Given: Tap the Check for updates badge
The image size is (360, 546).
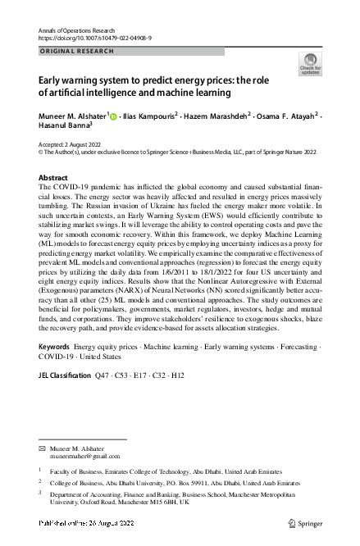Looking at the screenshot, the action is (310, 64).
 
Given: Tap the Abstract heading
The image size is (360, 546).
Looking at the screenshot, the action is (53, 178).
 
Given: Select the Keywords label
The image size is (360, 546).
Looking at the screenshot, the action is (54, 348).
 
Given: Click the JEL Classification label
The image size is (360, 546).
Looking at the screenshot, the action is (65, 375).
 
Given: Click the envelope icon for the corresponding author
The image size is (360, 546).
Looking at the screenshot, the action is (43, 450).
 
